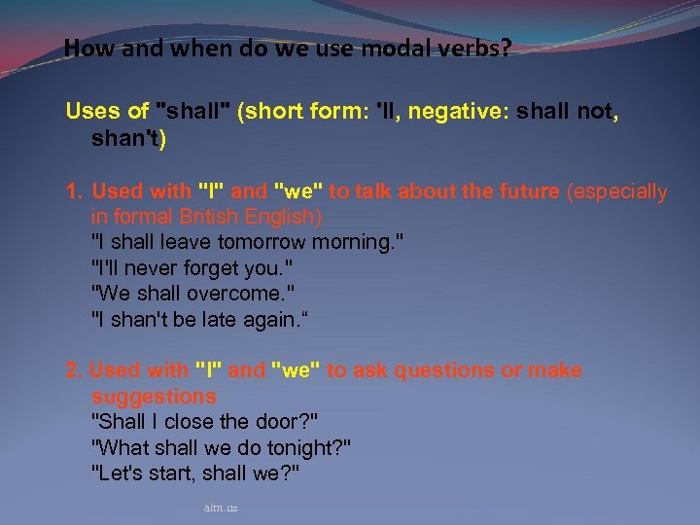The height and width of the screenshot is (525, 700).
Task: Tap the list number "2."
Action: (74, 370)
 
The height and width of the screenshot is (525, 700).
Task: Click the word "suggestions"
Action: (154, 396)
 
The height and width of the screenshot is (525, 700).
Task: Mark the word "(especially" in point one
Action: (617, 192)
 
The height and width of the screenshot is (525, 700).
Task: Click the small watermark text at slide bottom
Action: (221, 507)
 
